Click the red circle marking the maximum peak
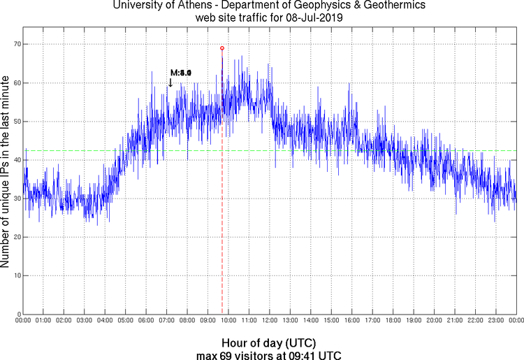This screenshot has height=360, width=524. [222, 48]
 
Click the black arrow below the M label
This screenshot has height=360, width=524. [170, 82]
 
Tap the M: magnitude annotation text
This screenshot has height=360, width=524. [180, 73]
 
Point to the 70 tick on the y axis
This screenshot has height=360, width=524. [15, 44]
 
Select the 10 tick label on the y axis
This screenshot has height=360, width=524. [15, 275]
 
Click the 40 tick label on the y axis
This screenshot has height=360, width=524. [15, 160]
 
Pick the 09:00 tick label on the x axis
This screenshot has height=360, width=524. [208, 320]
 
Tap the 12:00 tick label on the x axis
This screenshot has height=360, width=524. [269, 320]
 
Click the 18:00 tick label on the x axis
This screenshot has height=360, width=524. [393, 320]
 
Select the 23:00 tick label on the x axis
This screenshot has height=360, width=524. [495, 320]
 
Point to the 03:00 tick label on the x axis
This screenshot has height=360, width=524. [84, 320]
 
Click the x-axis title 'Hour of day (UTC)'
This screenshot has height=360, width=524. [268, 343]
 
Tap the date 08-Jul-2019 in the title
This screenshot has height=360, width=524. [310, 18]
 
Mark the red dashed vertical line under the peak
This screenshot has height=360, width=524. [222, 210]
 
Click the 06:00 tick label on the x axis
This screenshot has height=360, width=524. [146, 320]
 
